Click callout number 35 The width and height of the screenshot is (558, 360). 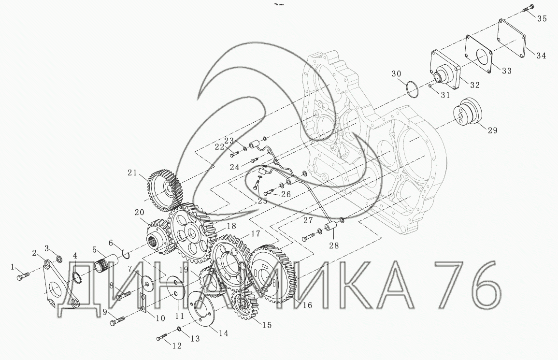[x=542, y=18]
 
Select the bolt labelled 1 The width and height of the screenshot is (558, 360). [x=22, y=275]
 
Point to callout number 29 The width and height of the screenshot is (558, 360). [x=492, y=130]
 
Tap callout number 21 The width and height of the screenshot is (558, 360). [x=132, y=173]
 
